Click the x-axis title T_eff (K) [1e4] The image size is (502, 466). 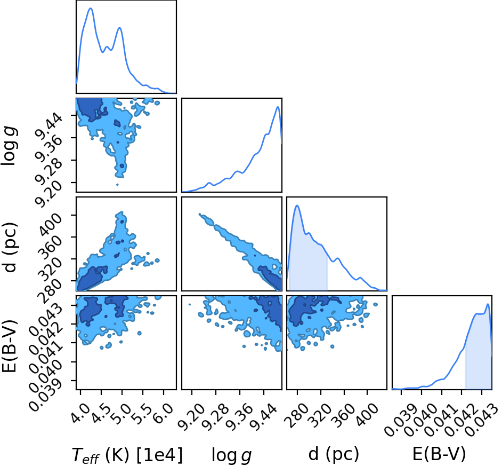(127, 455)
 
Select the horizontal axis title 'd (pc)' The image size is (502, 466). (334, 454)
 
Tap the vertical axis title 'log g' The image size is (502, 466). (9, 146)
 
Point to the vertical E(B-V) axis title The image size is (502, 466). (9, 346)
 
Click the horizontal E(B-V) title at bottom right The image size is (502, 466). (439, 454)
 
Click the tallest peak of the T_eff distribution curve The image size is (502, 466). (91, 8)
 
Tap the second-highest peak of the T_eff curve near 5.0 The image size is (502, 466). (120, 28)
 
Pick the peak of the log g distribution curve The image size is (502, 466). (278, 107)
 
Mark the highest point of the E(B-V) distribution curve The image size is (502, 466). (488, 304)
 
